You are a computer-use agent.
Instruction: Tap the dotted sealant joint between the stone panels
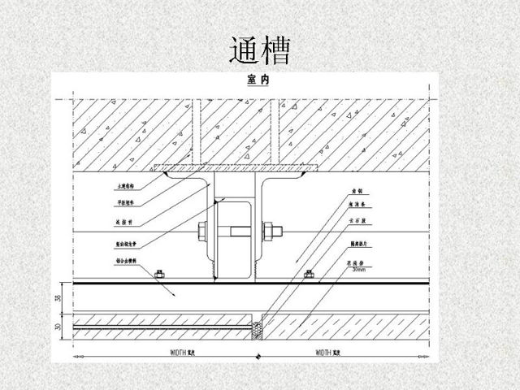(x=258, y=328)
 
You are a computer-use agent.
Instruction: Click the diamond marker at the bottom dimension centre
(x=258, y=357)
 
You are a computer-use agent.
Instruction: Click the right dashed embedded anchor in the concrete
(x=275, y=130)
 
